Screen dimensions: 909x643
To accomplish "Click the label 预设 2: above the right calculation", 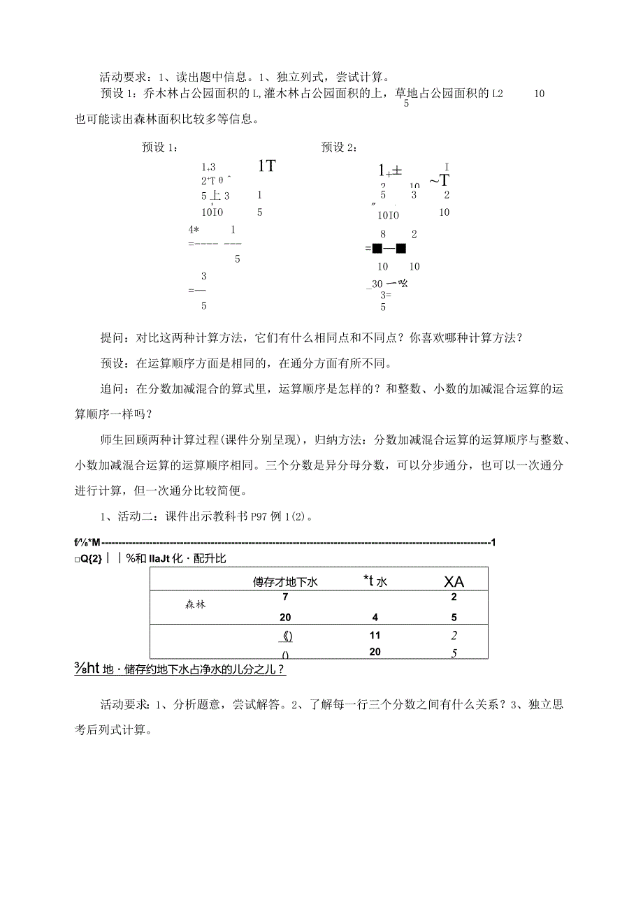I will tap(340, 147).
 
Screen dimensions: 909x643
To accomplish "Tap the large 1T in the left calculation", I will tap(266, 166).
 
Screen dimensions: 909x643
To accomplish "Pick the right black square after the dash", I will tap(401, 248).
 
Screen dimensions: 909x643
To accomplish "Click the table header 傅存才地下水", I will tap(285, 581).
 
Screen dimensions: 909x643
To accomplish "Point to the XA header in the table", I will tap(454, 581).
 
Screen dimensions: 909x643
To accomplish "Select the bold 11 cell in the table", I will tap(375, 636).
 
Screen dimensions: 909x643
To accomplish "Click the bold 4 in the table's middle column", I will tap(375, 618).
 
